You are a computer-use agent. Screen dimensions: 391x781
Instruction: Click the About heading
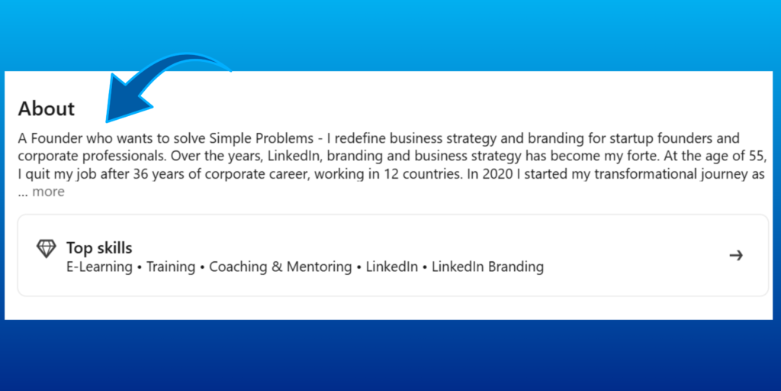tap(47, 109)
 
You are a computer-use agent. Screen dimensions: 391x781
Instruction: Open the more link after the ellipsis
tap(48, 192)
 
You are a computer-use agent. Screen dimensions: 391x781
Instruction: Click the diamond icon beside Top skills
tap(47, 249)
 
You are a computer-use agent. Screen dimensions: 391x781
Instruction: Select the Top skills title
tap(99, 247)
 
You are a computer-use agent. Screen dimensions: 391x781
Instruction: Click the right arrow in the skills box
tap(736, 255)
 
